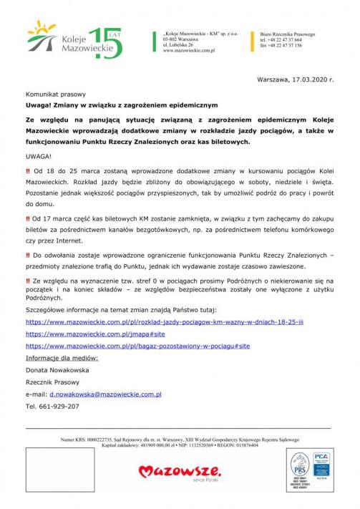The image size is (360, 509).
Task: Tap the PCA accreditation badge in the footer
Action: tap(321, 464)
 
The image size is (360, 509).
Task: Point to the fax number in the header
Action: tap(281, 45)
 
